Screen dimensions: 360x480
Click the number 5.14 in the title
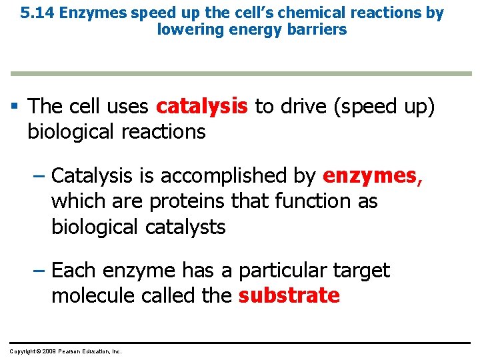coord(34,13)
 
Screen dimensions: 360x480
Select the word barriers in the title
coord(319,30)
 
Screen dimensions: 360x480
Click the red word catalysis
coord(202,107)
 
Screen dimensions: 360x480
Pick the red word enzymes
coord(371,175)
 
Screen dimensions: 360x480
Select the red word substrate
coord(289,295)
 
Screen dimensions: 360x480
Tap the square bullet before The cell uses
coord(15,107)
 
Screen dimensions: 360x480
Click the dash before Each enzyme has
coord(39,271)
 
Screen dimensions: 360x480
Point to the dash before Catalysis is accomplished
coord(39,175)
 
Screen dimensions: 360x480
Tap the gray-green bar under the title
coord(240,73)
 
